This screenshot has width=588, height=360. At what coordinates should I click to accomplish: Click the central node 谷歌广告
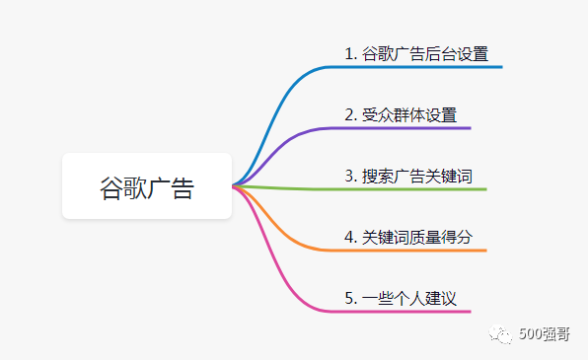[x=147, y=186]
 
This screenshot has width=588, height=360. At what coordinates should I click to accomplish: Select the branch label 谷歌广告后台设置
[x=424, y=53]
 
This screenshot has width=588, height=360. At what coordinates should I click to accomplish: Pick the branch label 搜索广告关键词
[x=416, y=176]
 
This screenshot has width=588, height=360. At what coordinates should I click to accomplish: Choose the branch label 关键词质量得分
[x=416, y=237]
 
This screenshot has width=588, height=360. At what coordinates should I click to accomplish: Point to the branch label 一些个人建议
[x=408, y=298]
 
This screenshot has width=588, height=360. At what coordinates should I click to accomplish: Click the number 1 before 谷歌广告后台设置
[x=349, y=53]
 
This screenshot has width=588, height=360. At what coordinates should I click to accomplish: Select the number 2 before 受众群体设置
[x=349, y=114]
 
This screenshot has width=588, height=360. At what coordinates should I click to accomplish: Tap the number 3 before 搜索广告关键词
[x=349, y=176]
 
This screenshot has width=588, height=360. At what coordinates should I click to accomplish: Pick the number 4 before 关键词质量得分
[x=349, y=237]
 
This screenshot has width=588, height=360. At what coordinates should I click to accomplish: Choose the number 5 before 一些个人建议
[x=349, y=298]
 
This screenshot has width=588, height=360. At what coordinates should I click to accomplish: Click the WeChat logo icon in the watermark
[x=502, y=333]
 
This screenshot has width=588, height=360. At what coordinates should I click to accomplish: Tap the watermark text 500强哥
[x=546, y=334]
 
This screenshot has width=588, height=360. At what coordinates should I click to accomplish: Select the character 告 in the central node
[x=183, y=187]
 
